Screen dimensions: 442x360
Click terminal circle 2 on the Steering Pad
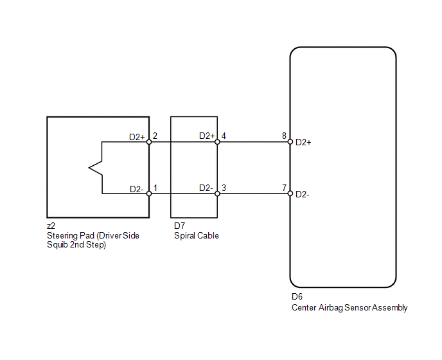pyautogui.click(x=149, y=142)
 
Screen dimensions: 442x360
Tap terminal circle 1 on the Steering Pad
pyautogui.click(x=149, y=194)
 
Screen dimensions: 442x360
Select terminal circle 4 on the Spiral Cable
pyautogui.click(x=217, y=142)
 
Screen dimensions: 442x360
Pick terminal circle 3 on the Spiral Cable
pyautogui.click(x=217, y=194)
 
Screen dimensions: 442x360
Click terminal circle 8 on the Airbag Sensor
pyautogui.click(x=290, y=142)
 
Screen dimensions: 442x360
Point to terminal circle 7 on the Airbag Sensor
pyautogui.click(x=290, y=194)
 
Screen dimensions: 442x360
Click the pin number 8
pyautogui.click(x=284, y=136)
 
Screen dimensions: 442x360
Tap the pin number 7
pyautogui.click(x=284, y=188)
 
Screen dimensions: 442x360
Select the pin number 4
pyautogui.click(x=224, y=136)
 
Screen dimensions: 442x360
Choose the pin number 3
pyautogui.click(x=224, y=188)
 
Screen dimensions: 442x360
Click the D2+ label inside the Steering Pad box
pyautogui.click(x=137, y=137)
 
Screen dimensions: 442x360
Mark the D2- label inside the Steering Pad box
pyautogui.click(x=136, y=189)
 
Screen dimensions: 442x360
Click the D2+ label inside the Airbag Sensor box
pyautogui.click(x=303, y=143)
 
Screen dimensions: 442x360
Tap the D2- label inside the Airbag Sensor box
pyautogui.click(x=303, y=194)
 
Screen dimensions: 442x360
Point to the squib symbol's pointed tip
pyautogui.click(x=89, y=168)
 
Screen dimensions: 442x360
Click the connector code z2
pyautogui.click(x=51, y=226)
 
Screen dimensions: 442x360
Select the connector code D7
pyautogui.click(x=180, y=226)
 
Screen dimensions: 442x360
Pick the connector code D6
pyautogui.click(x=297, y=296)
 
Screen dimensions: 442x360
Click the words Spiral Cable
pyautogui.click(x=197, y=235)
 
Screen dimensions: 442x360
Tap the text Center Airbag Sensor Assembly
pyautogui.click(x=349, y=307)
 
